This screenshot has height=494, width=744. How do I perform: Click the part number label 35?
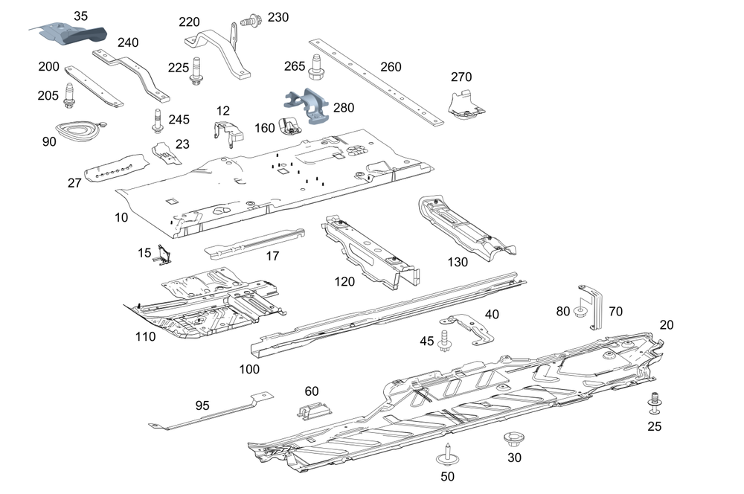(x=80, y=16)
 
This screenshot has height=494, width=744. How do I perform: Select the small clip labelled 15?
(x=164, y=255)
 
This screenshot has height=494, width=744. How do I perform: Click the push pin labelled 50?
(x=447, y=452)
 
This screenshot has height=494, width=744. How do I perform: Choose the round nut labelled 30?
(x=513, y=437)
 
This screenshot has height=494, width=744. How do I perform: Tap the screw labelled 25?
(x=655, y=402)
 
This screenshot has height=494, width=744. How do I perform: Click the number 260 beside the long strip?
(x=391, y=68)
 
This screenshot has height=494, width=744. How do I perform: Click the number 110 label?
(x=145, y=337)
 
